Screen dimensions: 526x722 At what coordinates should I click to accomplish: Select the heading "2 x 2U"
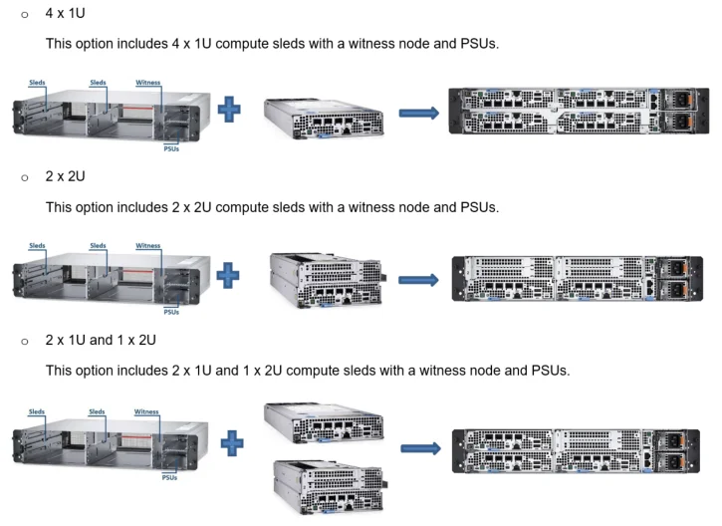[66, 177]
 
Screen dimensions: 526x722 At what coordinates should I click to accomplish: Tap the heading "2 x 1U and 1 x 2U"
[101, 340]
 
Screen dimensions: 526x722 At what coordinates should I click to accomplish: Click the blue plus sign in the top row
[230, 109]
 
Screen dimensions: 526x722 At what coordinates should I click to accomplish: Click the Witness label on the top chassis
[147, 83]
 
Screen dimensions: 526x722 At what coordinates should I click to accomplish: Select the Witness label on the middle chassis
[147, 246]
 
